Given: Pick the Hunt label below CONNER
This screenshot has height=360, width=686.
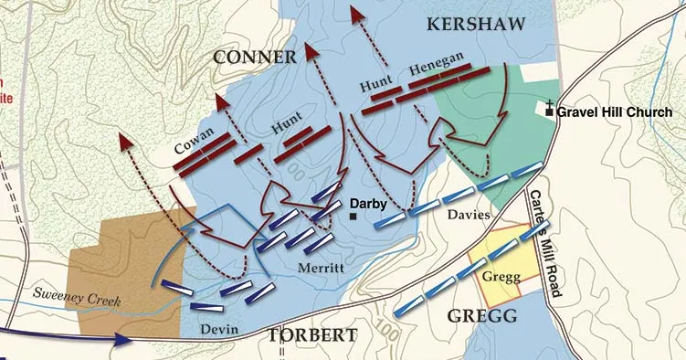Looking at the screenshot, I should click(287, 130).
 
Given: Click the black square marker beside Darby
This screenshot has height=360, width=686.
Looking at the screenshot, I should click(353, 217).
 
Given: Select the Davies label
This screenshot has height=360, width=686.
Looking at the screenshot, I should click(470, 216).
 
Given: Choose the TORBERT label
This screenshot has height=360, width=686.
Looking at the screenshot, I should click(311, 335).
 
